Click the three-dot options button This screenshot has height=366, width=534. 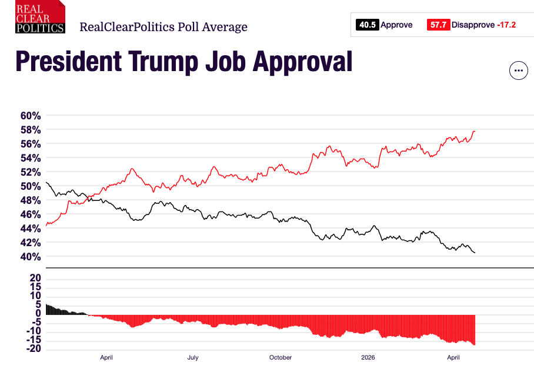pyautogui.click(x=518, y=70)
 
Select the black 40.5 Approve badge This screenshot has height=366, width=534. pyautogui.click(x=367, y=25)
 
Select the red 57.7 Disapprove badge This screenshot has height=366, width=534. pyautogui.click(x=438, y=25)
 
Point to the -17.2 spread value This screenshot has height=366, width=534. pyautogui.click(x=505, y=25)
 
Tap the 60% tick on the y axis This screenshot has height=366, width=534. pyautogui.click(x=30, y=116)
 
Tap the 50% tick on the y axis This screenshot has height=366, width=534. pyautogui.click(x=30, y=186)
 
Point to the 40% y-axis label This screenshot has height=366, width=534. pyautogui.click(x=30, y=257)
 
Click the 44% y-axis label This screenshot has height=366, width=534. pyautogui.click(x=30, y=229)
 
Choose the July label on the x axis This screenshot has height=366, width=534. pyautogui.click(x=193, y=357)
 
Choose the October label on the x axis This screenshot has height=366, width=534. pyautogui.click(x=281, y=357)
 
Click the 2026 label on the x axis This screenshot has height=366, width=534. pyautogui.click(x=368, y=357)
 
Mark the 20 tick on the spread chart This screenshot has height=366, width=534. pyautogui.click(x=35, y=278)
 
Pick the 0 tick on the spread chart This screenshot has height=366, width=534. pyautogui.click(x=38, y=313)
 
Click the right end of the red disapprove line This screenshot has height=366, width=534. pyautogui.click(x=475, y=131)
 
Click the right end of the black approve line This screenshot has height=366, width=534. pyautogui.click(x=475, y=253)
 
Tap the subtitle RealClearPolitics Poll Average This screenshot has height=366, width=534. pyautogui.click(x=163, y=27)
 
